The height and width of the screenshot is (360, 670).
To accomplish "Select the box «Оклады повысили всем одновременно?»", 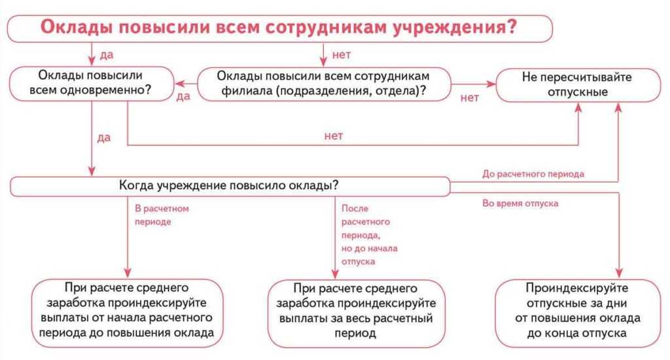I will tap(91, 84).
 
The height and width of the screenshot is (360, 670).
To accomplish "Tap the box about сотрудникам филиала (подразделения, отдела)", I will tap(325, 84).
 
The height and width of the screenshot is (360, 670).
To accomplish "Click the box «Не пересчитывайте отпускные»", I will tap(577, 84).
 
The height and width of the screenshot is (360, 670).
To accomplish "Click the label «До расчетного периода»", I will tap(533, 174).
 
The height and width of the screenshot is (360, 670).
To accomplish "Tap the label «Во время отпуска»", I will tap(520, 204).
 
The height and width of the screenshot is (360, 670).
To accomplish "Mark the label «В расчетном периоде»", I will tap(161, 215).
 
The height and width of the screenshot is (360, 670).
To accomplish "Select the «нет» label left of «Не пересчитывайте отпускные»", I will tap(470, 98).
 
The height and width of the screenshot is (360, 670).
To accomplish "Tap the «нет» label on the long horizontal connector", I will tap(334, 136).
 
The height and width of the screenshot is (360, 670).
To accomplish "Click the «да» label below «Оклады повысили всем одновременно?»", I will tap(104, 137).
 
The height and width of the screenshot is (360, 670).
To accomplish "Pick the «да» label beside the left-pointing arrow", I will tap(183, 96).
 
